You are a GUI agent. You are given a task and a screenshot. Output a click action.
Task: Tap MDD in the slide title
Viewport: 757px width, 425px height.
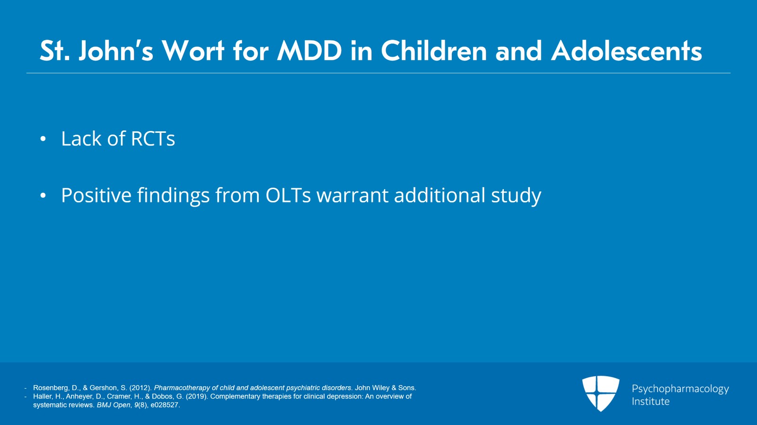coord(309,51)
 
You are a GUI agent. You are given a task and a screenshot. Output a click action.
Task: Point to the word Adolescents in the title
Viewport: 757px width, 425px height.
coord(626,51)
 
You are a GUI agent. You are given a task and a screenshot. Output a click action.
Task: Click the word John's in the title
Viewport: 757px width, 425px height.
coord(116,51)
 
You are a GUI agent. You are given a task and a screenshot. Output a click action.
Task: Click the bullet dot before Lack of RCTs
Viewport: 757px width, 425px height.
coord(43,139)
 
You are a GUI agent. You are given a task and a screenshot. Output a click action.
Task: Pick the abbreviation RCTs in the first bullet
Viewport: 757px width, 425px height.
coord(153,139)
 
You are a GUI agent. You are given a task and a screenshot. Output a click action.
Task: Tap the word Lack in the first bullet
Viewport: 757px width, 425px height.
coord(81,139)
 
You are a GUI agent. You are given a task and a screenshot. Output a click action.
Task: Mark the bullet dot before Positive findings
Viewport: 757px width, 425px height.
coord(43,195)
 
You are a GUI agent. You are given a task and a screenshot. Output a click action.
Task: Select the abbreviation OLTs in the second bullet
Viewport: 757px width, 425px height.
coord(288,195)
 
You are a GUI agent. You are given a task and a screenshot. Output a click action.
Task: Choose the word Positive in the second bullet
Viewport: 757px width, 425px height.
coord(97,195)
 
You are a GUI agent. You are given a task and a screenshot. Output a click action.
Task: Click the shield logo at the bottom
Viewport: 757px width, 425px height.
coord(600,393)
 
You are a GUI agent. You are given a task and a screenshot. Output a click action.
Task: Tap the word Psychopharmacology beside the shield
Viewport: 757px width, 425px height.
coord(680,389)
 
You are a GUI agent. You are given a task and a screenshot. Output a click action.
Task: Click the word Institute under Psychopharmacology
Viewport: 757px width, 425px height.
coord(651,401)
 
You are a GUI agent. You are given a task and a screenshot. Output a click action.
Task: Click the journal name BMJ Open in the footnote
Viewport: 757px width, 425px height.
coord(114,405)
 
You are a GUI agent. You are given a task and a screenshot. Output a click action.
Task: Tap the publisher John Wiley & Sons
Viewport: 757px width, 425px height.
coord(385,388)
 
